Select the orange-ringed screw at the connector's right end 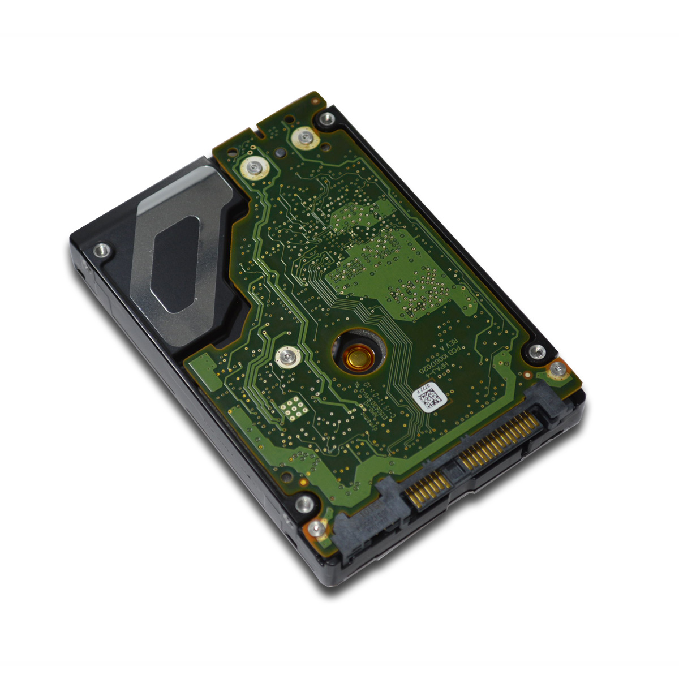click(558, 370)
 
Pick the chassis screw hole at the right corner click(536, 351)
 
